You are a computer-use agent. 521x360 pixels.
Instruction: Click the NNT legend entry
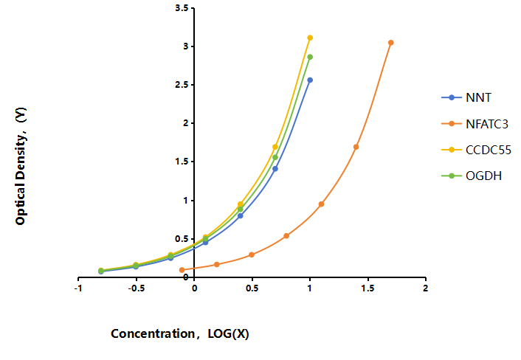466,97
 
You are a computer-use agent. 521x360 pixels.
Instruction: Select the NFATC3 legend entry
475,124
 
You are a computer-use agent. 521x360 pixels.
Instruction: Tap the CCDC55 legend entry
476,150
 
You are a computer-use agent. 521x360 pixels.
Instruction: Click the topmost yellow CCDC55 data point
310,38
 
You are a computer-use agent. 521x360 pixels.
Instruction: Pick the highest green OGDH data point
310,57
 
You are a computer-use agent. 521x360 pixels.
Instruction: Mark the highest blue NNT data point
310,80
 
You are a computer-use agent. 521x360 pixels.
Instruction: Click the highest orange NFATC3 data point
391,43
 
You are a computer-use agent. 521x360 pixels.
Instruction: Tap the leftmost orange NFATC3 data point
182,270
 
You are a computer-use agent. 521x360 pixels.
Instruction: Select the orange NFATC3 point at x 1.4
356,147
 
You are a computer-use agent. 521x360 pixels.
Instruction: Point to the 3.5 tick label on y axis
182,8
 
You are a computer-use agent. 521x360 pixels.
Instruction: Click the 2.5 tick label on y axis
182,85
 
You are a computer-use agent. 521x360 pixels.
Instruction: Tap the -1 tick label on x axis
78,288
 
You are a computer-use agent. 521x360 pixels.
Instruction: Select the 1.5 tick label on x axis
368,288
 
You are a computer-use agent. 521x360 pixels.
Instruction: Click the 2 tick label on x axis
426,288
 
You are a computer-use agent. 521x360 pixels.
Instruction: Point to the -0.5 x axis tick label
137,288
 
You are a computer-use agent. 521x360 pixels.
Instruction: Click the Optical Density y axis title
21,166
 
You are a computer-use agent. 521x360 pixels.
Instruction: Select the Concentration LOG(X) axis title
180,333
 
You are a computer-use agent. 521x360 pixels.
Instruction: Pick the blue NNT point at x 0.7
275,169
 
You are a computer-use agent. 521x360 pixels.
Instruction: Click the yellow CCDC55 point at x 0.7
275,147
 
